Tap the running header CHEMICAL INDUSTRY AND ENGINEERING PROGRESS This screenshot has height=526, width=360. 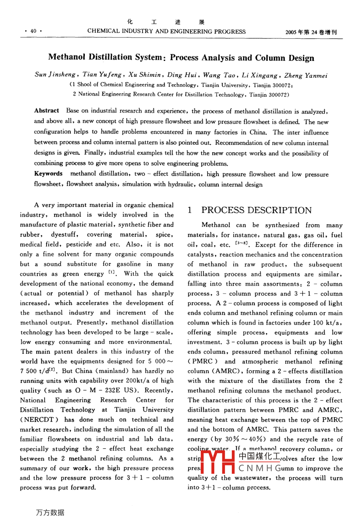[166, 31]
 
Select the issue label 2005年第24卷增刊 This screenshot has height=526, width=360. [311, 32]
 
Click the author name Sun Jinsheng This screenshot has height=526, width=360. [55, 75]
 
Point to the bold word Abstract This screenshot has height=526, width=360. [47, 110]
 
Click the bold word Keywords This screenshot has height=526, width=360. [48, 174]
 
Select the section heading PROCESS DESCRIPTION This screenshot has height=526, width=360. [256, 210]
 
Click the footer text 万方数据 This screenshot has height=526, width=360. [50, 513]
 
